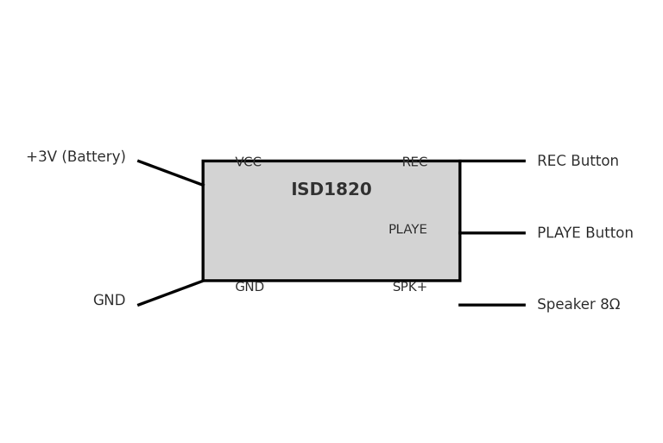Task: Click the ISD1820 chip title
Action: tap(331, 190)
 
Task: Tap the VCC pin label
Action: tap(248, 162)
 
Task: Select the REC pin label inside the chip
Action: tap(414, 162)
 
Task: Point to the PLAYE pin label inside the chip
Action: tap(407, 230)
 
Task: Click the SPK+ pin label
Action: tap(409, 287)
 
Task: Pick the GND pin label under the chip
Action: tap(249, 287)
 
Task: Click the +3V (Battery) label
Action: tap(76, 157)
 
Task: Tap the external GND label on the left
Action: tap(109, 301)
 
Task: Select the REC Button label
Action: tap(578, 161)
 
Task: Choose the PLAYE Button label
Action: tap(584, 233)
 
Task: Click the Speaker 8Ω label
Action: tap(578, 305)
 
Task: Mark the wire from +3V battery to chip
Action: tap(170, 173)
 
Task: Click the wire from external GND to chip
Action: tap(170, 293)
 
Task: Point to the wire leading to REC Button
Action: tap(492, 161)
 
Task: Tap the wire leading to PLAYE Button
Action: tap(492, 233)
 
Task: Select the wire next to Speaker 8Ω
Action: tap(492, 305)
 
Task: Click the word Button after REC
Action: tap(595, 161)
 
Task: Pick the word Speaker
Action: tap(566, 305)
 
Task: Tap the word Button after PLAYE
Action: tap(609, 233)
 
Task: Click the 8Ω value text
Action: tap(609, 305)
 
